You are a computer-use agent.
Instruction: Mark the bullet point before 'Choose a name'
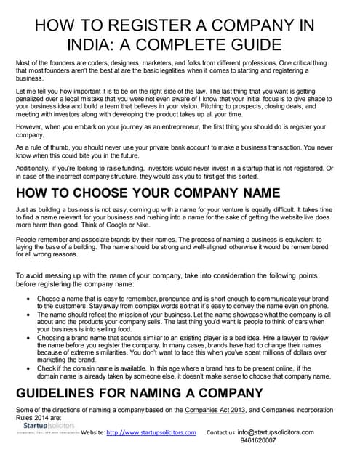point(28,299)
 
